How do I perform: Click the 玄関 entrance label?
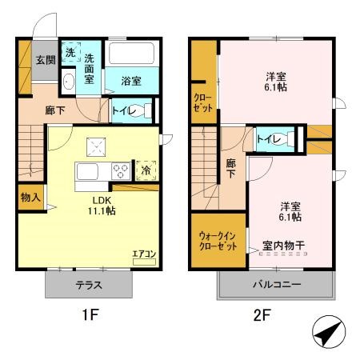[45, 60]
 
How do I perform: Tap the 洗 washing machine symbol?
[70, 52]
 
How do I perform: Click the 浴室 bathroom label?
[131, 81]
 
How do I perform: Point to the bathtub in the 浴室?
[132, 54]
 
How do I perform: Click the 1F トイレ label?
[123, 111]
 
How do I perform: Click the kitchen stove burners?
[122, 170]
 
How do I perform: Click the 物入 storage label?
[30, 197]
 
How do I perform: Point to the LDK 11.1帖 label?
[101, 205]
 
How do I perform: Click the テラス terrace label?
[87, 286]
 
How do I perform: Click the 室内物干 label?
[284, 245]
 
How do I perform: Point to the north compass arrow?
[330, 331]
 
